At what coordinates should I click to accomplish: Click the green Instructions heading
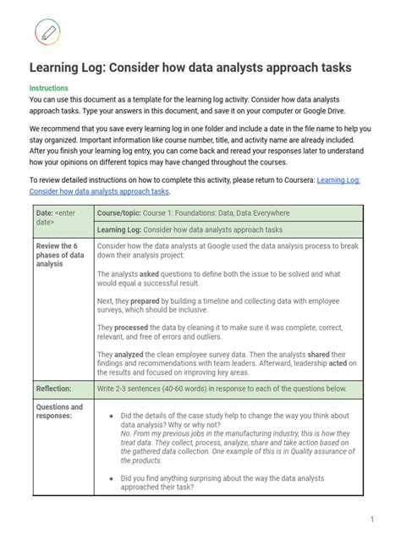(x=49, y=88)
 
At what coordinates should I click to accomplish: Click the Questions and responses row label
(x=59, y=412)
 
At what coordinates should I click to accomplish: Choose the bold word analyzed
(x=134, y=354)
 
